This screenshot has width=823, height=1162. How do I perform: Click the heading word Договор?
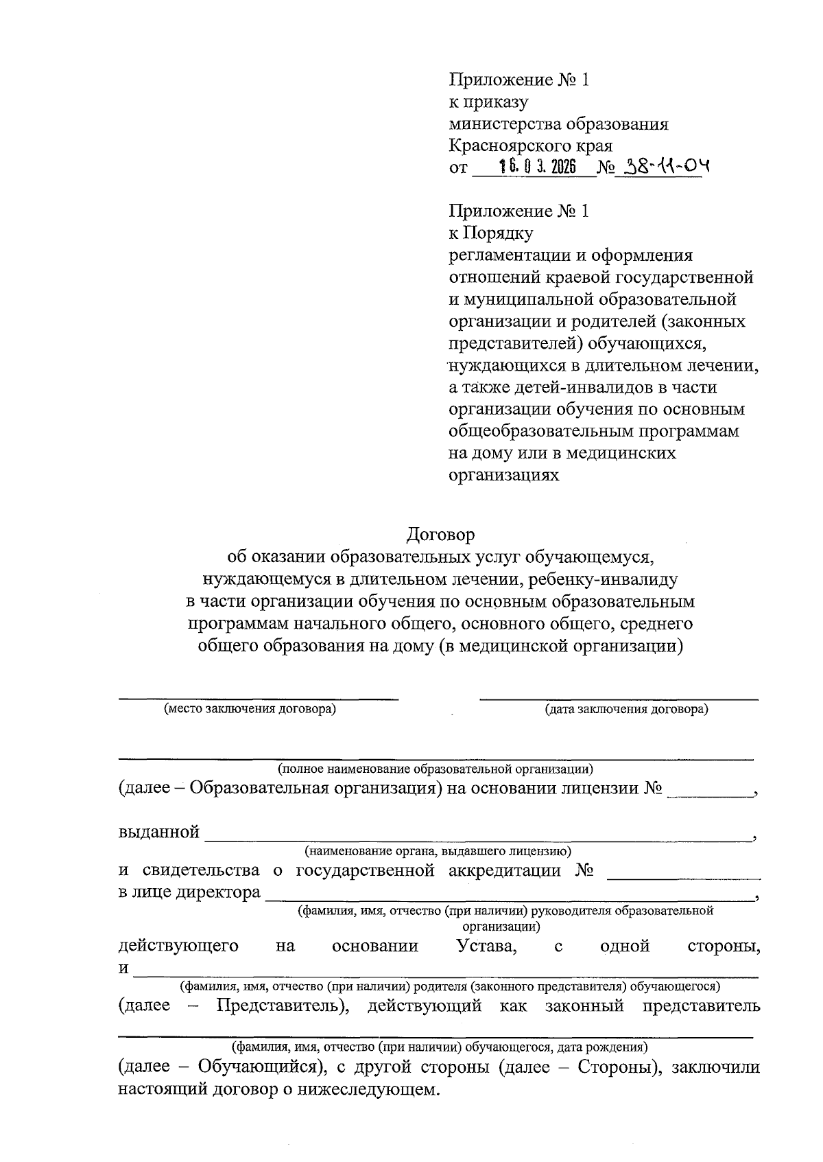[440, 533]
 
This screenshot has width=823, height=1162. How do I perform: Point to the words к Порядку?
[490, 233]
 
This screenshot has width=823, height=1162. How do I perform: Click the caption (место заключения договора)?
[250, 709]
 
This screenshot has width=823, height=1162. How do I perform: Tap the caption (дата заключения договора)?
[626, 709]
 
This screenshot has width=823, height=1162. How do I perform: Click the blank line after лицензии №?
[709, 789]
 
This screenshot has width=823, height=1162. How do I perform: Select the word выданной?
[159, 833]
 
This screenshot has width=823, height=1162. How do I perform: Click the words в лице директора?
[189, 892]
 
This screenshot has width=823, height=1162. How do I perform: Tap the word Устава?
[487, 946]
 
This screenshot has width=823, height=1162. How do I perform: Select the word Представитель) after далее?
[284, 1006]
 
